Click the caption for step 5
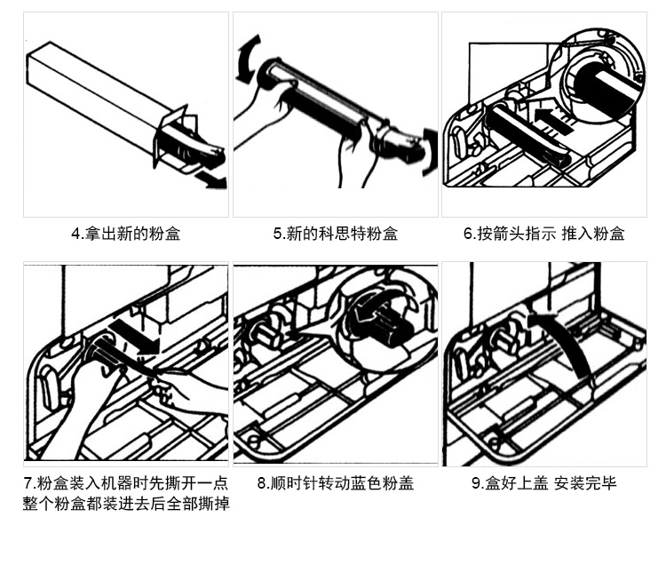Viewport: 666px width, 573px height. coord(335,235)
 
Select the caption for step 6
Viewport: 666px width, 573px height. coord(543,235)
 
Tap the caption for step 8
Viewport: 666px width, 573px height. coord(335,484)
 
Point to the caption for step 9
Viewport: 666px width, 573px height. coord(543,484)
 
